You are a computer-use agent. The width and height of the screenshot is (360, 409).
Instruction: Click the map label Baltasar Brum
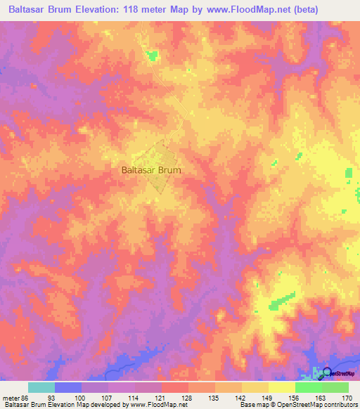[151, 170]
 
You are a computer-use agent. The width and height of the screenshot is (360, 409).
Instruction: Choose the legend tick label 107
[109, 398]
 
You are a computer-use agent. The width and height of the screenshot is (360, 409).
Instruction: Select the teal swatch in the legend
[41, 387]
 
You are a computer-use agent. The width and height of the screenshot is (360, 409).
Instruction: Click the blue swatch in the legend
[68, 387]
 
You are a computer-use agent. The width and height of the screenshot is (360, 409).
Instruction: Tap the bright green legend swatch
[308, 387]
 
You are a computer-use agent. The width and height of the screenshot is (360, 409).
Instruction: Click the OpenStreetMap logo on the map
[328, 372]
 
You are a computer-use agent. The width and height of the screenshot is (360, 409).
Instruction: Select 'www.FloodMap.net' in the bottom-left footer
[149, 405]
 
